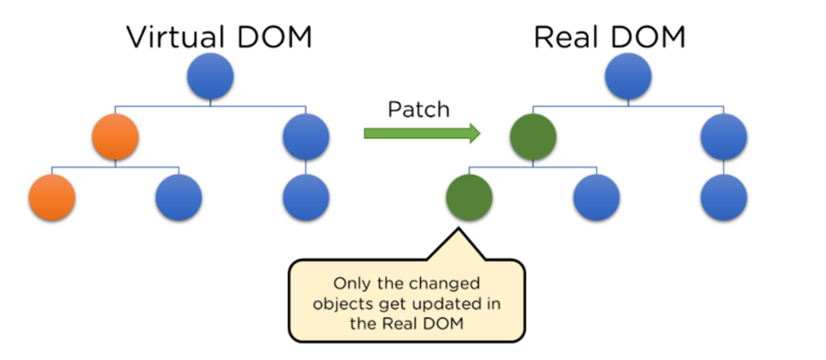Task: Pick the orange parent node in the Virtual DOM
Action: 116,137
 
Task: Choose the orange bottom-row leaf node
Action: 53,197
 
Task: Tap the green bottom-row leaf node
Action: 469,197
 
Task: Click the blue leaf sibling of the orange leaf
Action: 179,197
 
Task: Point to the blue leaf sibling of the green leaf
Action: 596,197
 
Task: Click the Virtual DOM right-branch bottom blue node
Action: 307,197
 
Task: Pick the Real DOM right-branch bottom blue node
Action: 724,197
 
